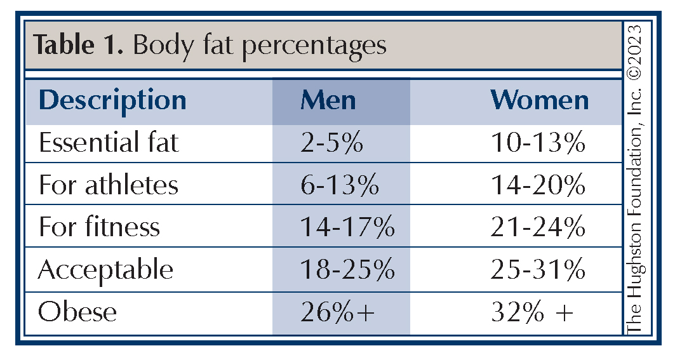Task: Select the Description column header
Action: click(112, 100)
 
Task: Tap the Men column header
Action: click(328, 100)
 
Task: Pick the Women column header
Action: click(540, 100)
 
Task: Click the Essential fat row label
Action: click(109, 143)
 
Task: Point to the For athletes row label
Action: click(109, 185)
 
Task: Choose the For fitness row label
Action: click(99, 227)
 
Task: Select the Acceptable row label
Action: click(105, 270)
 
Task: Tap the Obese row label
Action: click(77, 312)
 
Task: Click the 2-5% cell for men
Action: click(331, 143)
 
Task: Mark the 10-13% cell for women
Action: click(537, 143)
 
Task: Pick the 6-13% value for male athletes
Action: click(339, 185)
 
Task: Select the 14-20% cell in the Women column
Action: click(537, 185)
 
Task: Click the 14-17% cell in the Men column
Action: click(347, 227)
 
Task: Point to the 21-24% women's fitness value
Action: click(537, 227)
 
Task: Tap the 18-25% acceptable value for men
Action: click(347, 270)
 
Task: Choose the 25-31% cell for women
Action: click(537, 270)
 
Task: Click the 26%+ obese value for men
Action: click(337, 312)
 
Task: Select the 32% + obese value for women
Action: click(532, 312)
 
